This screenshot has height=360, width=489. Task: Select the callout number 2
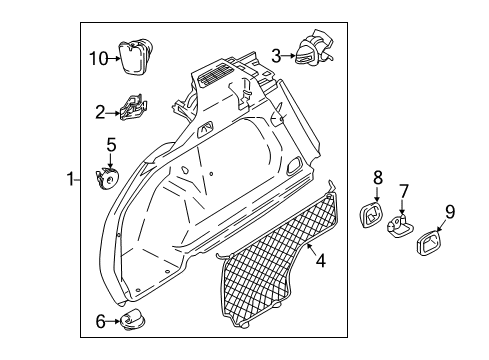click(100, 111)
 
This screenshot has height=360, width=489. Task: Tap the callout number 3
click(277, 56)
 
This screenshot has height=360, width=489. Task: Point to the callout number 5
click(110, 144)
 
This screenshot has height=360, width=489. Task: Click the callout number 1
click(71, 180)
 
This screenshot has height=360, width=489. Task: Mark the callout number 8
click(377, 178)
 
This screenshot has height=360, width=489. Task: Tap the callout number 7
click(404, 191)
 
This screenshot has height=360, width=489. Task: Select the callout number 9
click(449, 211)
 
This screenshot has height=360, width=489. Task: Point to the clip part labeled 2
click(134, 107)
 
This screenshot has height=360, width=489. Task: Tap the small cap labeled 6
click(133, 320)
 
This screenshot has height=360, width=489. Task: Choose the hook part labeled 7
click(402, 228)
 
